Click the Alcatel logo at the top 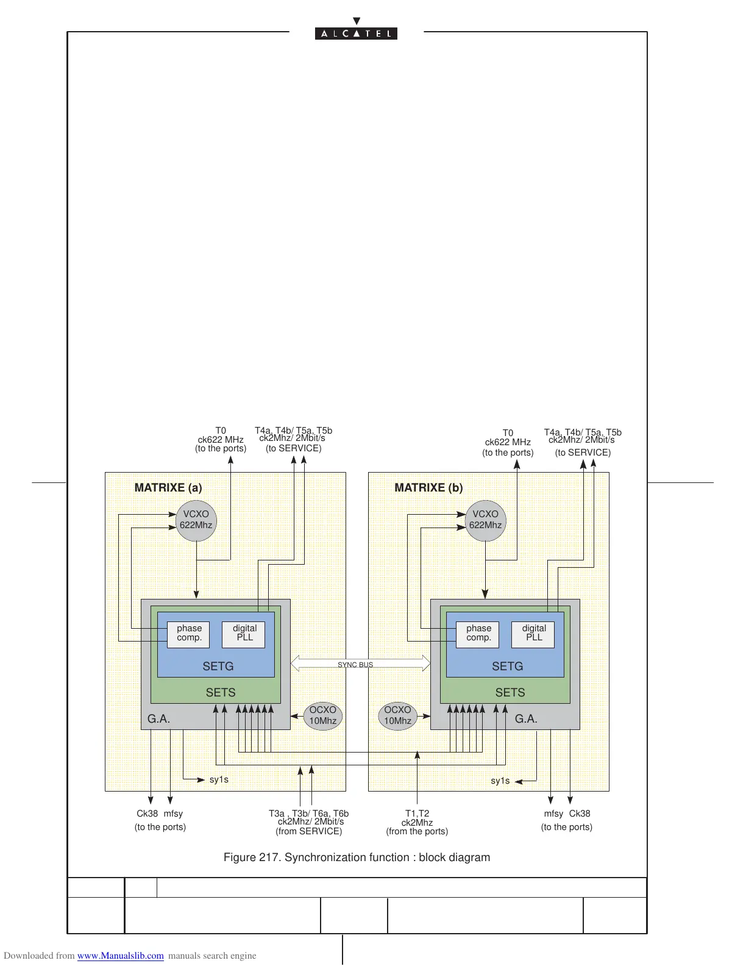coord(356,33)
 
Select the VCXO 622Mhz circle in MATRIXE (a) coord(196,520)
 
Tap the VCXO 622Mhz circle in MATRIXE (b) coord(485,520)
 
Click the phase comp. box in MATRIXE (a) coord(189,634)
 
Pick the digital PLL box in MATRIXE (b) coord(533,634)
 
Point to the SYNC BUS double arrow coord(360,664)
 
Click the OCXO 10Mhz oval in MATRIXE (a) coord(322,715)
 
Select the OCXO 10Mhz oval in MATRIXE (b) coord(397,715)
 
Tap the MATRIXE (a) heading coord(168,488)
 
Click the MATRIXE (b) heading coord(428,488)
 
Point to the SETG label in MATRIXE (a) coord(218,667)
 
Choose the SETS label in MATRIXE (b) coord(510,693)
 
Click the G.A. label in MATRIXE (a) coord(158,719)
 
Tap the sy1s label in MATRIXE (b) coord(500,781)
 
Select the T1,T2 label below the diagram coord(417,814)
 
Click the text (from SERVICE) coord(308,831)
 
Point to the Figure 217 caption coord(357,857)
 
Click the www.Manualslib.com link coord(120,956)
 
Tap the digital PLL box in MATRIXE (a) coord(244,634)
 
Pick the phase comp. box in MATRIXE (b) coord(478,634)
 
